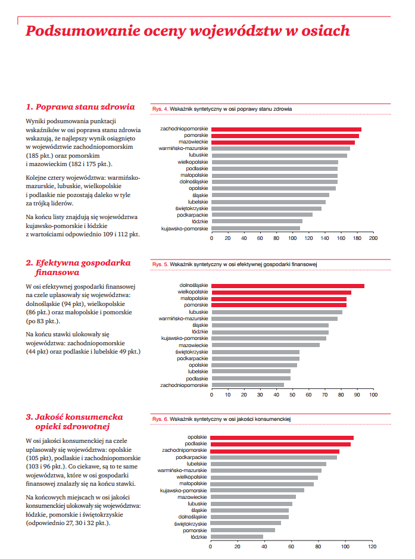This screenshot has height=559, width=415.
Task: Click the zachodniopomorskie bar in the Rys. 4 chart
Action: [x=286, y=129]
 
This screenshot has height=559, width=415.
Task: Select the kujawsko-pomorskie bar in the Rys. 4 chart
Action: [x=255, y=228]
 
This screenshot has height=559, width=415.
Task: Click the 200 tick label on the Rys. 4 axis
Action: [x=373, y=238]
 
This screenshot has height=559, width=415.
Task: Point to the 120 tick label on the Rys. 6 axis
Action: [x=372, y=546]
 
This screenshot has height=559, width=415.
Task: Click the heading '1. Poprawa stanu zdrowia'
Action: [x=80, y=107]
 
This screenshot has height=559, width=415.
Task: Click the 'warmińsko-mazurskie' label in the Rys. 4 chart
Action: [x=183, y=148]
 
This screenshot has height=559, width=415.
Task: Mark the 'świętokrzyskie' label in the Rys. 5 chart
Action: [x=192, y=352]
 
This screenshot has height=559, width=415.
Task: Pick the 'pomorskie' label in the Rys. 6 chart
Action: [x=195, y=530]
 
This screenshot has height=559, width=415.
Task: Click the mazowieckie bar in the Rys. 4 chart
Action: [x=283, y=142]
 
